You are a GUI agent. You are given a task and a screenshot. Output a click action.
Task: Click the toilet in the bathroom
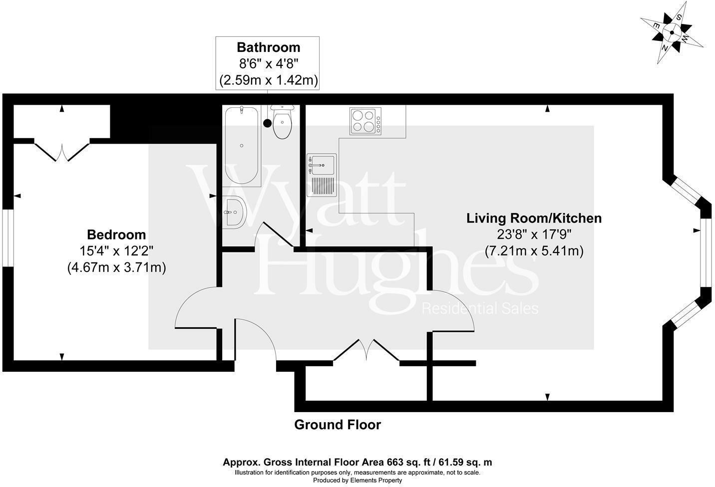point(282,122)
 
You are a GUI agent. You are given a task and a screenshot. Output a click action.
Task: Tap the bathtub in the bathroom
point(242,146)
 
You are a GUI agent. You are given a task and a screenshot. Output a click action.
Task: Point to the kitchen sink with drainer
point(322,175)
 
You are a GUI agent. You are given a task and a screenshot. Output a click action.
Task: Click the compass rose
point(672,33)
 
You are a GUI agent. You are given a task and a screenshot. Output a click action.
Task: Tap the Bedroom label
point(116,235)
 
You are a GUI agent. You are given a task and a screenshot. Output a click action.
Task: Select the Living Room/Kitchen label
point(534,218)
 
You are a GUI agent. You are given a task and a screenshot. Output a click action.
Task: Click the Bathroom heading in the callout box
point(268,47)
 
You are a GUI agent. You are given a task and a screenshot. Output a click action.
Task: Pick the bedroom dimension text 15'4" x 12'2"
point(116,251)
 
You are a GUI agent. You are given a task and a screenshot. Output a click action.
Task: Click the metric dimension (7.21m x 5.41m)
point(534,251)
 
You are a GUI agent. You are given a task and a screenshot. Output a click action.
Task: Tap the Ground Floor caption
point(338,425)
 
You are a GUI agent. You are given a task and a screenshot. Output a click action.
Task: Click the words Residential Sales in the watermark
point(480,308)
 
